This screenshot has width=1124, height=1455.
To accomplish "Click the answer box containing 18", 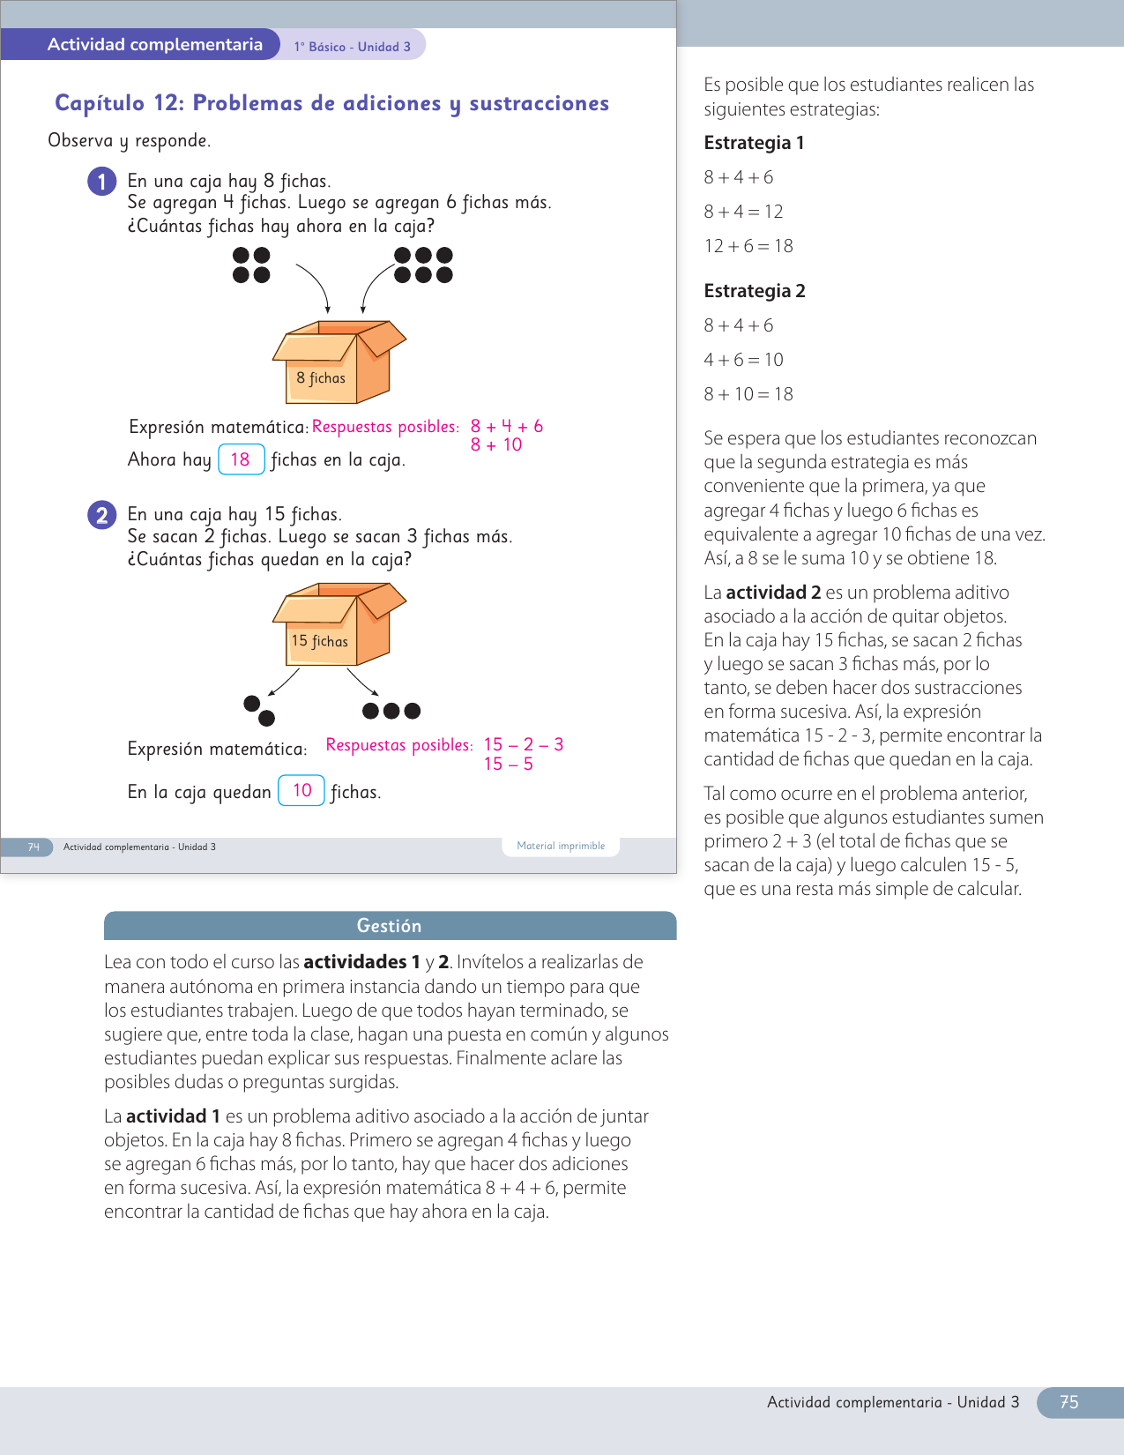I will point(241,459).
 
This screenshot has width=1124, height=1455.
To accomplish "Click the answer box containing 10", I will point(301,790).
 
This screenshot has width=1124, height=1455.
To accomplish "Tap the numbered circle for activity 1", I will point(102,182).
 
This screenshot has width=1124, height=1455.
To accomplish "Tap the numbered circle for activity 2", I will point(102,515).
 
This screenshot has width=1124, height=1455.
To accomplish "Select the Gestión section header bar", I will point(390,926).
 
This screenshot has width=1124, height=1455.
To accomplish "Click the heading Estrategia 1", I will point(754,143).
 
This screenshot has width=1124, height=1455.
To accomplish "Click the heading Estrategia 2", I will point(755,291).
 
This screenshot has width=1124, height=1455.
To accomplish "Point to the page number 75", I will point(1069,1402).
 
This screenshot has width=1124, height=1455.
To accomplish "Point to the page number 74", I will point(33,847).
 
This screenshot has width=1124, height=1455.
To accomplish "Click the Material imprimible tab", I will point(561,846).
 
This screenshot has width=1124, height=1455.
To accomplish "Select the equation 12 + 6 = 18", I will point(748,246).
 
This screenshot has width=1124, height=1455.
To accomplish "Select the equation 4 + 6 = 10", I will point(743,360).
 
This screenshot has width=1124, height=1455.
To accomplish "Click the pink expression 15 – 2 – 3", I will point(524,744).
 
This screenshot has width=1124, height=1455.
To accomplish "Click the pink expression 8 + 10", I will point(496,445).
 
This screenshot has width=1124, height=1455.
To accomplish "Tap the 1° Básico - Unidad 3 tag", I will point(353,47).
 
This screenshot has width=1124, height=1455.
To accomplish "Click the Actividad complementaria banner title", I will point(155,45).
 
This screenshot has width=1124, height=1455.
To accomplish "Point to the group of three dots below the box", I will point(391,711).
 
